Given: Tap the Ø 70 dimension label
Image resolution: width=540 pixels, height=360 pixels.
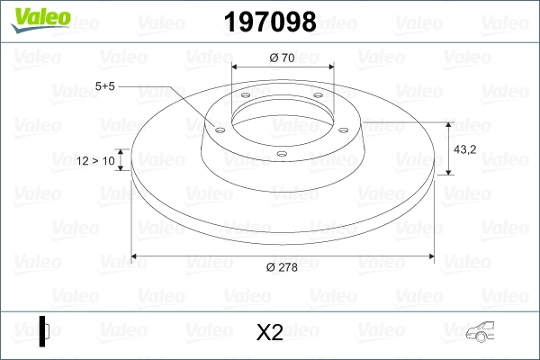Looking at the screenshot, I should [x=283, y=58].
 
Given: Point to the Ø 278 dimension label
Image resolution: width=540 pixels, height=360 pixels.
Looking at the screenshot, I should [x=283, y=265].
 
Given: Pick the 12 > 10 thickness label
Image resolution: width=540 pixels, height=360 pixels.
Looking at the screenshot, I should [x=96, y=160].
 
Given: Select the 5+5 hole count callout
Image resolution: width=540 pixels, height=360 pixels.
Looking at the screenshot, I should [x=104, y=86].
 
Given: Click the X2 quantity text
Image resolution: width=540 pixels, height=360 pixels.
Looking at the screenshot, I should [x=269, y=333].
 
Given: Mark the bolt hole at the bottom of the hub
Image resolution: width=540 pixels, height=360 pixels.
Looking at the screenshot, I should [x=282, y=154].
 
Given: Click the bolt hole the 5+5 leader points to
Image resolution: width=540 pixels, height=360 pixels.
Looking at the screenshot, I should [x=219, y=127].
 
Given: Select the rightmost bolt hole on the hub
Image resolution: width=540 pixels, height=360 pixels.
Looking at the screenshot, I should [x=343, y=127].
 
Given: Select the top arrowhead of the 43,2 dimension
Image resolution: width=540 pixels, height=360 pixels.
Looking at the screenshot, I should [x=448, y=122].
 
